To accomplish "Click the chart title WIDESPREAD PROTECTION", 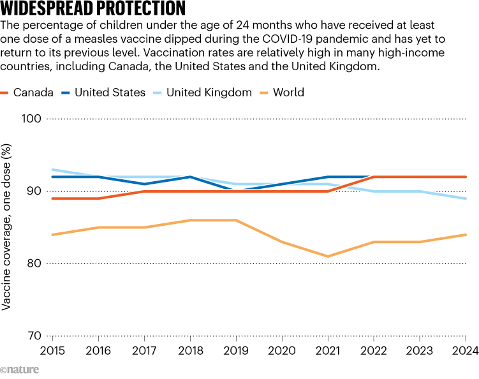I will click(x=94, y=9).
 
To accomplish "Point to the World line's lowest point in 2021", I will click(x=328, y=256).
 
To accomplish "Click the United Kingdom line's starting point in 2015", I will click(x=52, y=170).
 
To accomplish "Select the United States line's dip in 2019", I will click(x=236, y=191).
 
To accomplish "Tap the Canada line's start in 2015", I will click(x=52, y=198).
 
